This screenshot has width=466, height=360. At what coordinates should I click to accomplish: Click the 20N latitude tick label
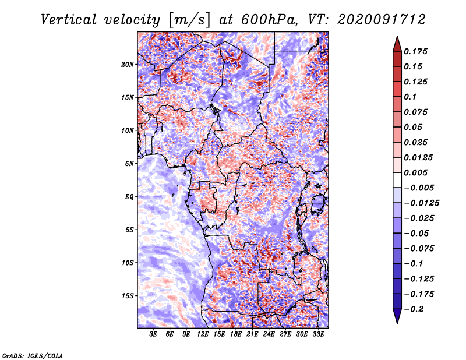127,64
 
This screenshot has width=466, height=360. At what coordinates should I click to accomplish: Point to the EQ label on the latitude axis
129,197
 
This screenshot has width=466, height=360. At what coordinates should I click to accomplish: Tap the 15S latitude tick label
127,296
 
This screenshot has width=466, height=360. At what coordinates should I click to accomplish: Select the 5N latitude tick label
129,164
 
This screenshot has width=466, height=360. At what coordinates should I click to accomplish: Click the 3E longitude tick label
153,334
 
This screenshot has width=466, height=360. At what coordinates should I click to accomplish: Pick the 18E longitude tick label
236,334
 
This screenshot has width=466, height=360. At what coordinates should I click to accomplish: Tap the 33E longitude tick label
318,334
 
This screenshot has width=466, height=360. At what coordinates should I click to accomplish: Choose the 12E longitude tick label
203,334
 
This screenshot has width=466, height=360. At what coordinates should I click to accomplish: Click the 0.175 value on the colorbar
415,51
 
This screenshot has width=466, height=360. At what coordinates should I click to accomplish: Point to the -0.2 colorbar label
414,309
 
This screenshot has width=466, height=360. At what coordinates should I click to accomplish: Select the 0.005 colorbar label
415,172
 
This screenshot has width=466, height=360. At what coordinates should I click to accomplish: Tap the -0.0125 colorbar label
422,203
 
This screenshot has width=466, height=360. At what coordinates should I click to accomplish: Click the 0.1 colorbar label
410,97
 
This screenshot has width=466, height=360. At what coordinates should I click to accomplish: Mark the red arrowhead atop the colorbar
397,44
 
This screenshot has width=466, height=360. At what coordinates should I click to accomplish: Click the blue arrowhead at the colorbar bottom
397,316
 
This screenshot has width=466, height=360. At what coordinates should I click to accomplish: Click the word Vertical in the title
69,20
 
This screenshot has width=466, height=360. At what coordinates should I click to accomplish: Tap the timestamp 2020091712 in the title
382,20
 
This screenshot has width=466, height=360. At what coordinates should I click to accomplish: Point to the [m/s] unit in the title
189,20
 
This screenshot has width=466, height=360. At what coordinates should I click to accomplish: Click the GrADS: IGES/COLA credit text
33,355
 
